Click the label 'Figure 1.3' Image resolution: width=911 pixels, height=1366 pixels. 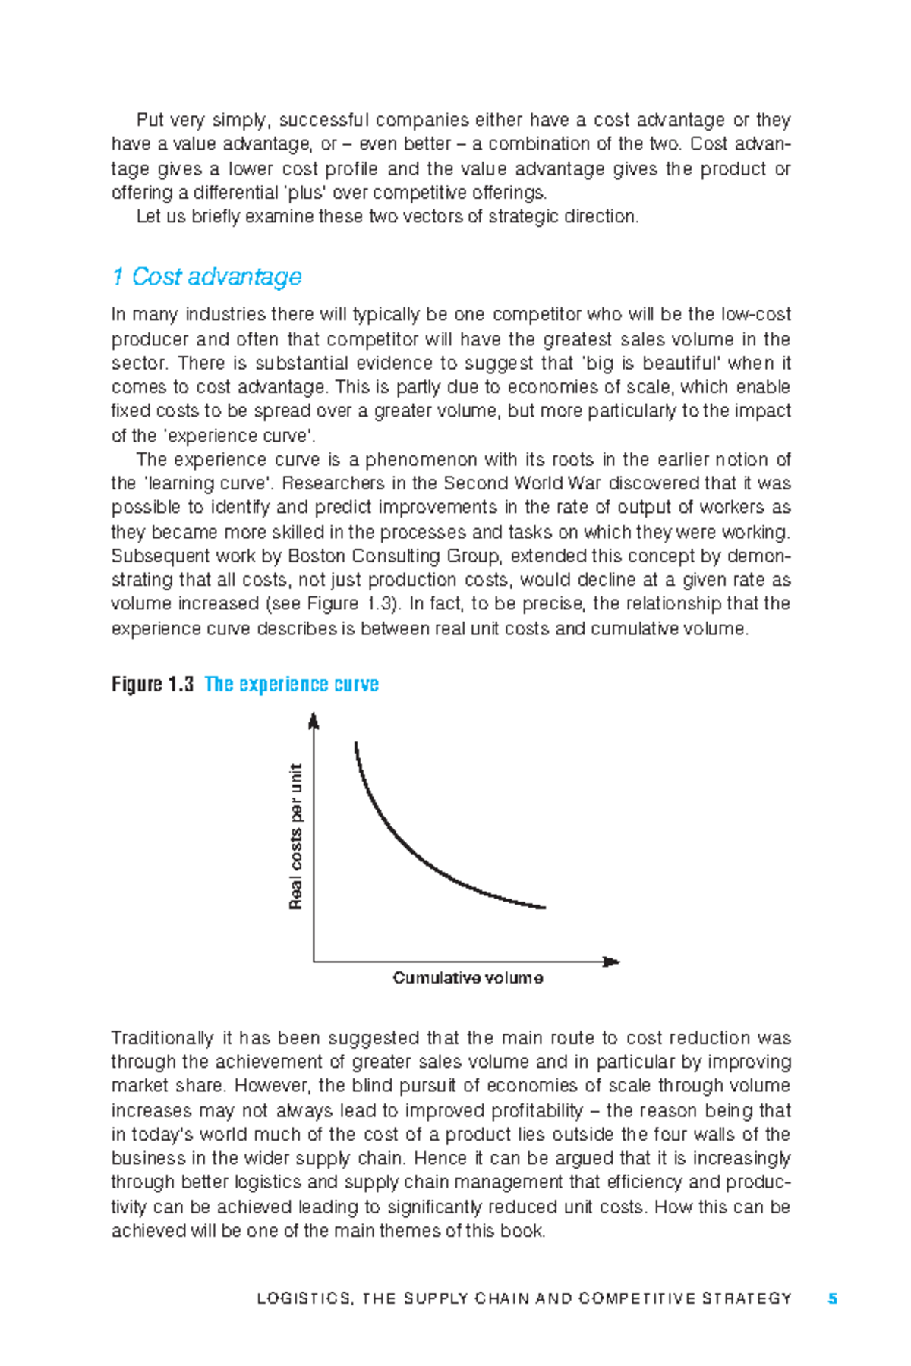tap(152, 685)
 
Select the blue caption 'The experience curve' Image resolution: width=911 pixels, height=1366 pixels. tap(292, 685)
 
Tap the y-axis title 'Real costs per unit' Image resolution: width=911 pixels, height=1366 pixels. tap(296, 836)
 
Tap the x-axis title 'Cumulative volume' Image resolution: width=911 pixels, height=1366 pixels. tap(468, 978)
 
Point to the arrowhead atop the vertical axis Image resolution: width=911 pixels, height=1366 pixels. tap(314, 719)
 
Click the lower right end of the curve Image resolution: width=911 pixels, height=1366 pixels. tap(544, 907)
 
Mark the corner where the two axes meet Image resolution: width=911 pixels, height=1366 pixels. tap(314, 962)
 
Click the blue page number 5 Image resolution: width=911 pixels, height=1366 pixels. tap(833, 1298)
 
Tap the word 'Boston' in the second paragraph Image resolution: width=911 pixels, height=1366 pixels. tap(313, 556)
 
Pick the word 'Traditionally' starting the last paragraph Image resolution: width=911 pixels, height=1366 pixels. tap(162, 1038)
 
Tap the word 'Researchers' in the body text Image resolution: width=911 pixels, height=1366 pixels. tap(333, 483)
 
